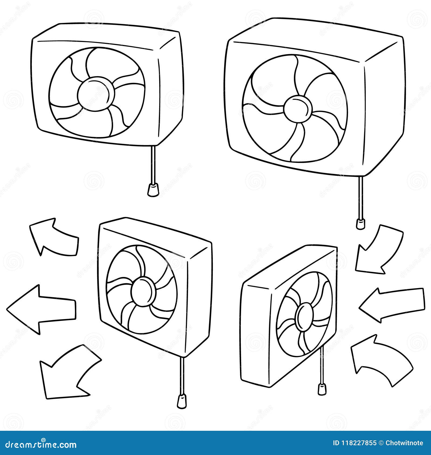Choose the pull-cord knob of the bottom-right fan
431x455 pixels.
click(x=321, y=388)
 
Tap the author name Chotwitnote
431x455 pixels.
click(x=404, y=443)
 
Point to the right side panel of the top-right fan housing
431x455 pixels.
click(x=384, y=108)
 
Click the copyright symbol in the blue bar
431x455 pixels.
click(x=381, y=443)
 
